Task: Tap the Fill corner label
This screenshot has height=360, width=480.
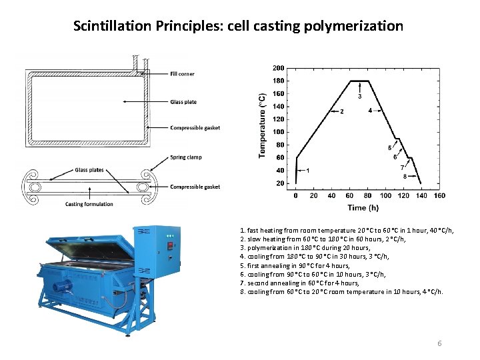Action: [x=183, y=74]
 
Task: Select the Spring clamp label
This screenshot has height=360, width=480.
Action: [x=185, y=157]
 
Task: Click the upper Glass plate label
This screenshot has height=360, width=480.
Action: [x=183, y=102]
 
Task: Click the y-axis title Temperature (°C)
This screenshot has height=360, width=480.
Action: [x=262, y=125]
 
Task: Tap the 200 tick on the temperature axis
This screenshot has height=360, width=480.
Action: [x=279, y=68]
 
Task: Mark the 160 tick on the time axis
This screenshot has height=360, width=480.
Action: [x=439, y=196]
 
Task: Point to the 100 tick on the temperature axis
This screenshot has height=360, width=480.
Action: [x=279, y=132]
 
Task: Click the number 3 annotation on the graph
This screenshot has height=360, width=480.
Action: [x=360, y=96]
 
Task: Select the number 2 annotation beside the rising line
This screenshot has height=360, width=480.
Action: [x=342, y=111]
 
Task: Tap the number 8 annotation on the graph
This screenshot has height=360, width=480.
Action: [x=405, y=177]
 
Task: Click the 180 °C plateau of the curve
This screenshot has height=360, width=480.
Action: [x=359, y=81]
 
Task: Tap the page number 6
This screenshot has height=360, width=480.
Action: [x=439, y=343]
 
